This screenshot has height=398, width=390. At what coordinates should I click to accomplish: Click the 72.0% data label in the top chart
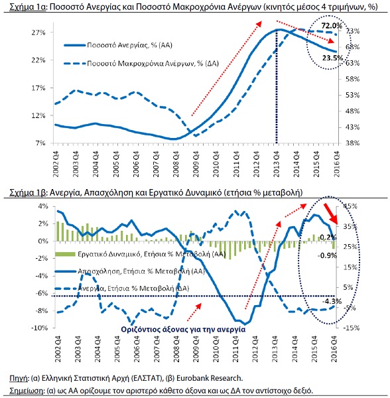pyautogui.click(x=332, y=26)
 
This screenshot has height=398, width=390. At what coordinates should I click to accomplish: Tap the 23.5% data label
pyautogui.click(x=332, y=58)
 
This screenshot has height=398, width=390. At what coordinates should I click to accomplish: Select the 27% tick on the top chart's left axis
pyautogui.click(x=38, y=33)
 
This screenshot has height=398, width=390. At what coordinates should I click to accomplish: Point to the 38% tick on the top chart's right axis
pyautogui.click(x=353, y=143)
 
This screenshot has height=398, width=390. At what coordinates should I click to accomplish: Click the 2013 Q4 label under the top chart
pyautogui.click(x=277, y=165)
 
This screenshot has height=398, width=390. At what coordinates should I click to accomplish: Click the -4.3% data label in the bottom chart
pyautogui.click(x=332, y=302)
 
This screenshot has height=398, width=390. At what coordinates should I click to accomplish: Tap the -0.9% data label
pyautogui.click(x=327, y=255)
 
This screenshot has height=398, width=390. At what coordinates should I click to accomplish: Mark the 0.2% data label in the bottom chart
pyautogui.click(x=328, y=237)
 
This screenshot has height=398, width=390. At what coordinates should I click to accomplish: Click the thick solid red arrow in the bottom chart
pyautogui.click(x=330, y=214)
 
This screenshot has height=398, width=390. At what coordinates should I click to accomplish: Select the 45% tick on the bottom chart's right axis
pyautogui.click(x=350, y=206)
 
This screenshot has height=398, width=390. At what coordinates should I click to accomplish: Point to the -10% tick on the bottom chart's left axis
pyautogui.click(x=39, y=328)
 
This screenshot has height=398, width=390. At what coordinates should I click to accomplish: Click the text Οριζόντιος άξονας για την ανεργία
pyautogui.click(x=183, y=330)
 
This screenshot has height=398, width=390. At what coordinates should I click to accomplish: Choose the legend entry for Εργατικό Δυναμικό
pyautogui.click(x=140, y=254)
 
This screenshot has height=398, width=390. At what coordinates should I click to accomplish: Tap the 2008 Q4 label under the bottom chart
pyautogui.click(x=176, y=349)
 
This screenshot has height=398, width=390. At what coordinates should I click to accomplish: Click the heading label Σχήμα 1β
pyautogui.click(x=27, y=192)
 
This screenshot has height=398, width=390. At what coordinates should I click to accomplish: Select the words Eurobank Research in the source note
pyautogui.click(x=210, y=378)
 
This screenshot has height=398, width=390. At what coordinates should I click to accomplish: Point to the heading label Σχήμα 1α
pyautogui.click(x=27, y=7)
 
